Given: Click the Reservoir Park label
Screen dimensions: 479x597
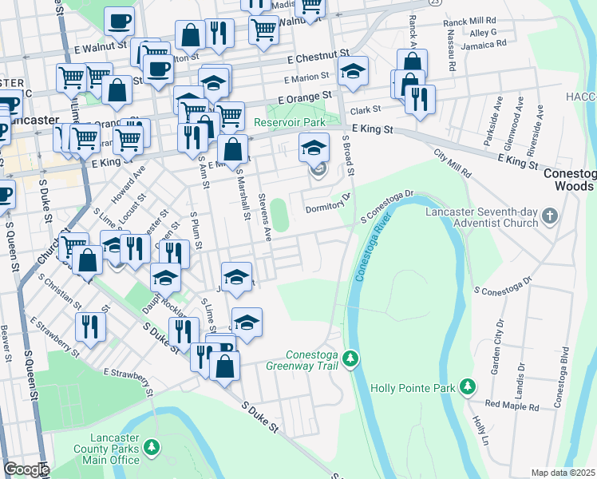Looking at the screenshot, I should [x=291, y=122].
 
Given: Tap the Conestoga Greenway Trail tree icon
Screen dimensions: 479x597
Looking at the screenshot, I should [x=350, y=361].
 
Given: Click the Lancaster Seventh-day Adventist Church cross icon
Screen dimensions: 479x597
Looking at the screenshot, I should [x=549, y=216].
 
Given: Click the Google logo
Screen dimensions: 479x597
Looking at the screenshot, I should [x=26, y=469].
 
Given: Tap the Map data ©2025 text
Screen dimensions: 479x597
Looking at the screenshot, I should [x=562, y=473].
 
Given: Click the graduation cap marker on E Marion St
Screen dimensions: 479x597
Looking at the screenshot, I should [x=353, y=73].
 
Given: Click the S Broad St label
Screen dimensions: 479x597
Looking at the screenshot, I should [x=348, y=159].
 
